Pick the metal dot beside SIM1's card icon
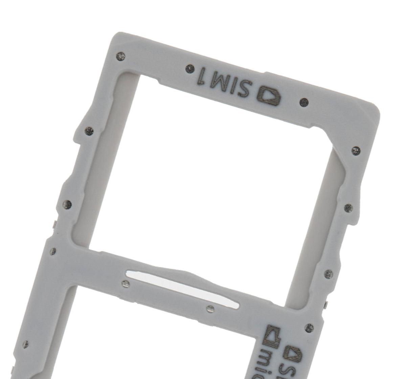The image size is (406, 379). tap(304, 101)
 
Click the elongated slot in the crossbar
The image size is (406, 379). tap(183, 286)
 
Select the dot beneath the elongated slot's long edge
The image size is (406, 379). tap(210, 308)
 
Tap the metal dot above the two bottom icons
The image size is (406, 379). tap(309, 327)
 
